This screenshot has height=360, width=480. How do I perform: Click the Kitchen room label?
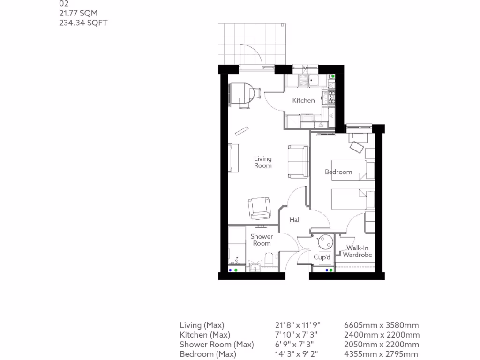303,100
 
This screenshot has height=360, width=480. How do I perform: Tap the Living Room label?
263,162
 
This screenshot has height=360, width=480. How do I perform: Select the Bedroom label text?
338,172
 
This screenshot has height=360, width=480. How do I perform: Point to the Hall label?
295,219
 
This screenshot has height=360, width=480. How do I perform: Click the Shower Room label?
262,240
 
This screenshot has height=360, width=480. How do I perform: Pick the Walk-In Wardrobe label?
358,251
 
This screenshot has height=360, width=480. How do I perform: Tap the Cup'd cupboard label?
322,257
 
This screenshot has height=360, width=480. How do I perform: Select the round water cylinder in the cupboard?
325,242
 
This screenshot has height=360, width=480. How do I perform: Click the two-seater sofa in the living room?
298,161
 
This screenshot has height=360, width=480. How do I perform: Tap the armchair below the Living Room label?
260,208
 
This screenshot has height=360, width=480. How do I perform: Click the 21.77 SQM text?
78,14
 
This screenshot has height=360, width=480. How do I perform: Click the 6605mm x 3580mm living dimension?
381,325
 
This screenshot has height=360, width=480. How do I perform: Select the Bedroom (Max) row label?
208,354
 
